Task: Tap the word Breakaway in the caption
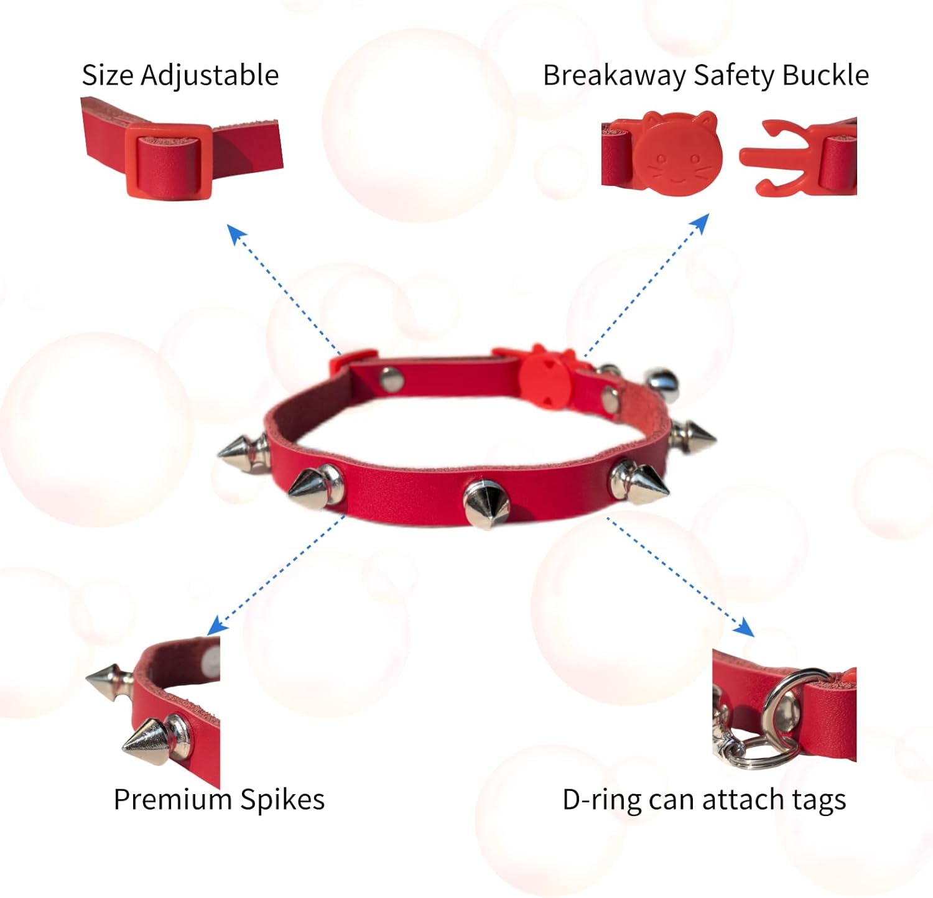(x=615, y=76)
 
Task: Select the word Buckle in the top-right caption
(x=825, y=75)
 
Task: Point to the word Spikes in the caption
(x=282, y=800)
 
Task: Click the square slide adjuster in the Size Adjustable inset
(x=169, y=161)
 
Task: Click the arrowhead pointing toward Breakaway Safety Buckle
(x=700, y=224)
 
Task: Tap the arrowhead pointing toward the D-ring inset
(x=745, y=627)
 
